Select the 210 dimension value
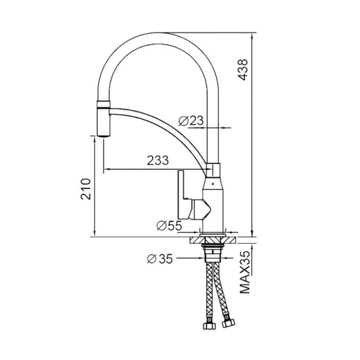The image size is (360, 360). tap(85, 188)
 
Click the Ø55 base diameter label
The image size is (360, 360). tap(169, 225)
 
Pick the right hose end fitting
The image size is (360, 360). tap(228, 323)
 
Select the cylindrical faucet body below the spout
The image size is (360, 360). tap(214, 201)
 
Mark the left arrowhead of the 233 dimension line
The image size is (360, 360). tap(105, 169)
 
